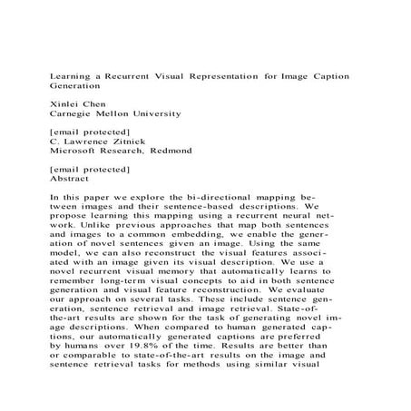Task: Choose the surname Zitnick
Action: (x=142, y=142)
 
